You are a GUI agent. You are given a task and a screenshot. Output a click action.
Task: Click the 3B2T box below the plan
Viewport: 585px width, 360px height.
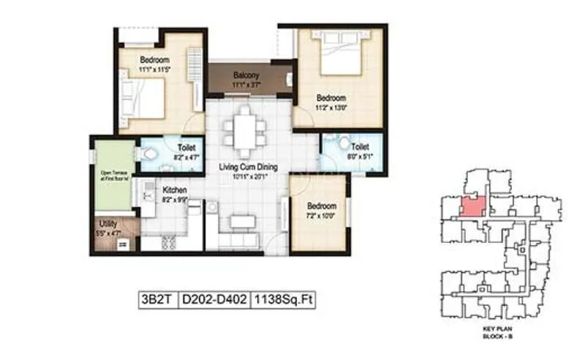click(156, 299)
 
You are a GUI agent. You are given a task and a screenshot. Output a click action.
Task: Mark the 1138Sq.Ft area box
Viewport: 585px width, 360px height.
click(283, 299)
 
